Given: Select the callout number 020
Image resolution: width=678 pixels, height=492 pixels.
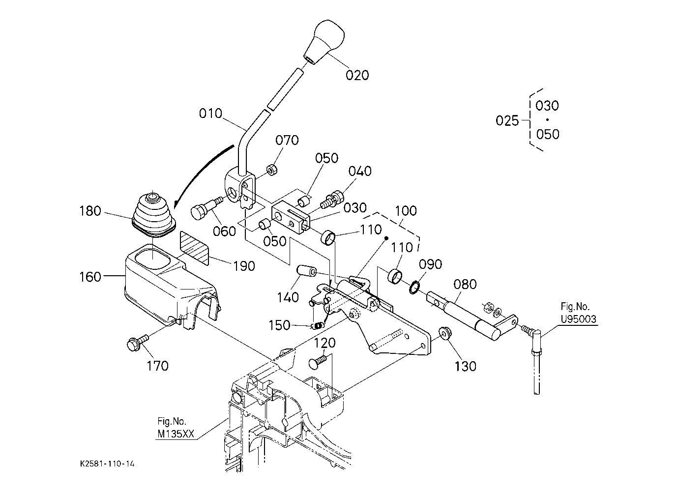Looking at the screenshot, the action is coord(357,75).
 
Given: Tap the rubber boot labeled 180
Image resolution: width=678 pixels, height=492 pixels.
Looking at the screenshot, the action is coord(154,214).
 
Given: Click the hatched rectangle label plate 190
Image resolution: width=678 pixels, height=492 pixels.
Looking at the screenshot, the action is coord(194,248).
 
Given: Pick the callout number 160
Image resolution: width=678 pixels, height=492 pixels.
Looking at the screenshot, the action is coord(90,277).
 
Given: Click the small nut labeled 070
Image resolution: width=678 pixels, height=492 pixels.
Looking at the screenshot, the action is coord(271,170).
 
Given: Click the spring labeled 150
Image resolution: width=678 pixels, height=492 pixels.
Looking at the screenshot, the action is coord(317,325).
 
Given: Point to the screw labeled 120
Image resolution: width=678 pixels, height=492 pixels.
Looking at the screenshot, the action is coord(318,362).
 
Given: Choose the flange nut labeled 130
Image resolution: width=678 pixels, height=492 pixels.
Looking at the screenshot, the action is coord(443,333).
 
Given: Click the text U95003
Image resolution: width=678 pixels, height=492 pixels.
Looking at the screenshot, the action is coord(578,319).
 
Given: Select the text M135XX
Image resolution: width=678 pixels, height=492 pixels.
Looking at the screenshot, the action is coord(176,434).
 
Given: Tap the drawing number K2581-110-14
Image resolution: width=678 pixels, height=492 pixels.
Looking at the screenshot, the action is coord(108,463).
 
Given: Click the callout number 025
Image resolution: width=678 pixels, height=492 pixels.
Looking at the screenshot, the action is coord(507,121).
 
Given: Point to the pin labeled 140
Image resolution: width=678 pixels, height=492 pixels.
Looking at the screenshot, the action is coord(306,271).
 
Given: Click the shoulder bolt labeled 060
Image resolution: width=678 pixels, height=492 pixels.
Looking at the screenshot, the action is coord(206,207).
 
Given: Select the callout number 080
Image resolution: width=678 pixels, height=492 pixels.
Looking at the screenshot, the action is coord(465,284).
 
